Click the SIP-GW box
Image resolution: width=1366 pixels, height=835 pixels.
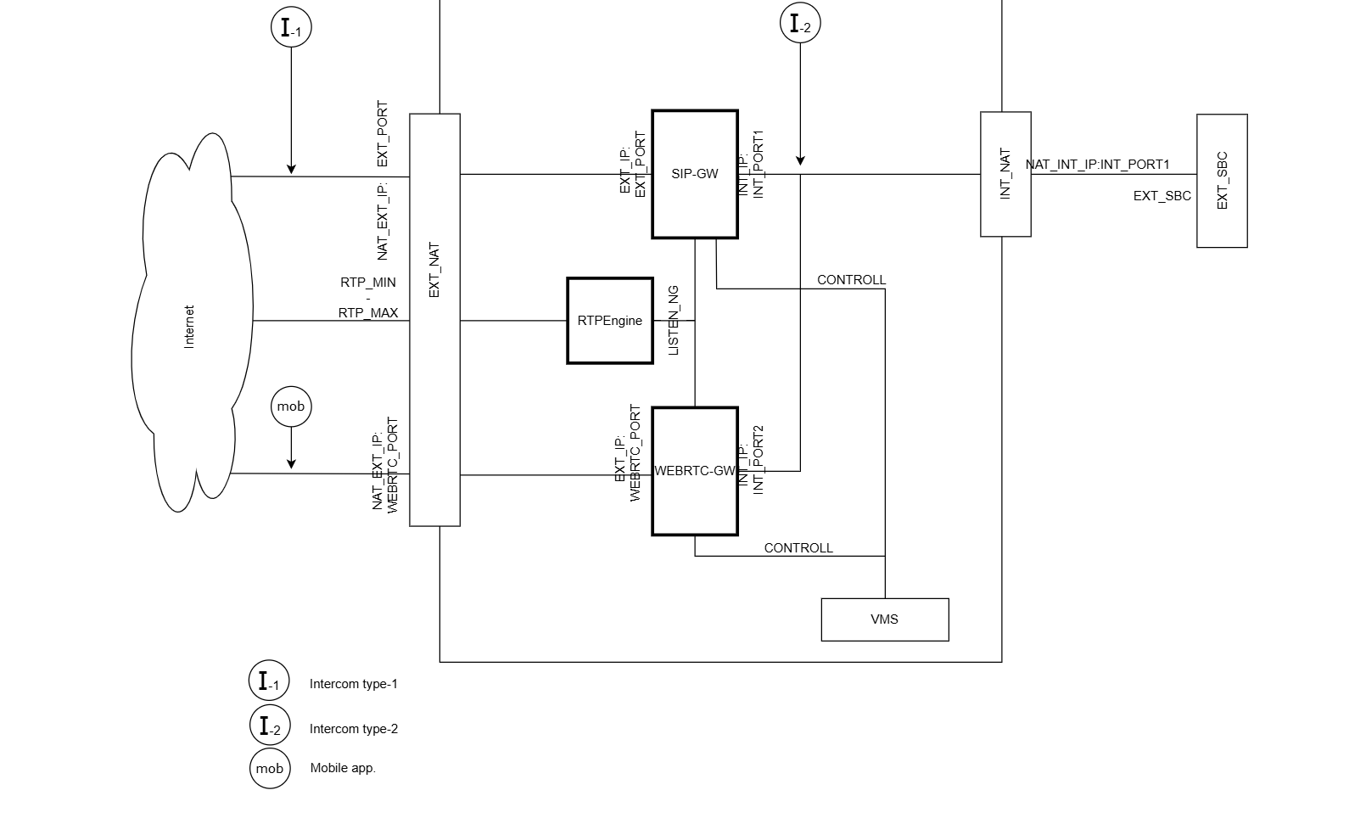[x=694, y=174]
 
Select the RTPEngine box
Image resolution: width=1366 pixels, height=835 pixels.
[x=609, y=321]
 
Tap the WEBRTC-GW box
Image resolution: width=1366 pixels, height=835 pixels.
[x=694, y=471]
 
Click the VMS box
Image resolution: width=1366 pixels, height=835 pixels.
[x=884, y=619]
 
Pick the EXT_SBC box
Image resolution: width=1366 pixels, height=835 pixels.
[x=1222, y=181]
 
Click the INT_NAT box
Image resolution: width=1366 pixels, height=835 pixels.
[x=1005, y=174]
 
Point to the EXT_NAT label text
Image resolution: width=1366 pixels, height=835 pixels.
[x=434, y=270]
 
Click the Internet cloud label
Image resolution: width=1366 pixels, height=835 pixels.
[x=189, y=327]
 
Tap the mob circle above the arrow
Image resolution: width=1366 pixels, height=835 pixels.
[x=291, y=406]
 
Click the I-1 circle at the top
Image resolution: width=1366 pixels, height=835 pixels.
[x=291, y=27]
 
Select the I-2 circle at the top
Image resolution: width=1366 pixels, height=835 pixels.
[x=800, y=24]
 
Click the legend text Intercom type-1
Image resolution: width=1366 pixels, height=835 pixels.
[x=353, y=684]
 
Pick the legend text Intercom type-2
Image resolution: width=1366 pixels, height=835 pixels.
[x=353, y=729]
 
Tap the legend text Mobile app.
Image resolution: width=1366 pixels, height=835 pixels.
[x=343, y=768]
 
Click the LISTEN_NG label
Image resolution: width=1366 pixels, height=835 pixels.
[x=674, y=320]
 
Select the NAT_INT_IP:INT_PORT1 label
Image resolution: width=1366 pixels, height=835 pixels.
[x=1097, y=165]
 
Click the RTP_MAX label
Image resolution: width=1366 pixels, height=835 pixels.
[x=368, y=313]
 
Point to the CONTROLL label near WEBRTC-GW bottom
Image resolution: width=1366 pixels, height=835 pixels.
[x=798, y=548]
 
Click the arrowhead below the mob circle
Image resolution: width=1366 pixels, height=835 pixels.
[x=291, y=463]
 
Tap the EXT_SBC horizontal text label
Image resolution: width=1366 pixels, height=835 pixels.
[x=1162, y=196]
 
